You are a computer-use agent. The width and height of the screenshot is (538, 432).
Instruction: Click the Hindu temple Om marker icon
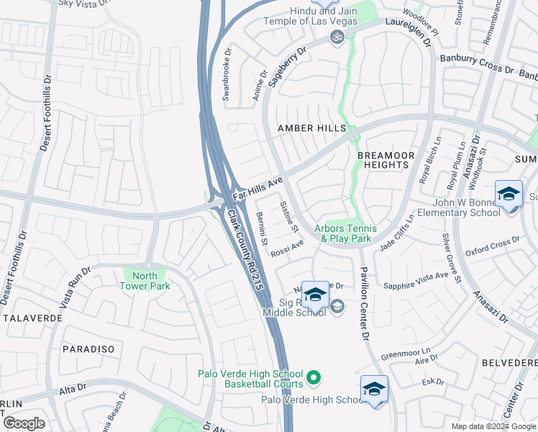tap(337, 37)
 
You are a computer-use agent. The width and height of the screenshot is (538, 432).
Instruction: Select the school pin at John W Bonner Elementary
tap(509, 194)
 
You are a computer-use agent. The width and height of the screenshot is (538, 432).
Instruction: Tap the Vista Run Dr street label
tap(75, 288)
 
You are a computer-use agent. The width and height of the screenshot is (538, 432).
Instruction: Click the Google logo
tap(24, 423)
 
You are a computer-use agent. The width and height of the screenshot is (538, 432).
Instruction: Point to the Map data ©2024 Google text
tap(493, 426)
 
